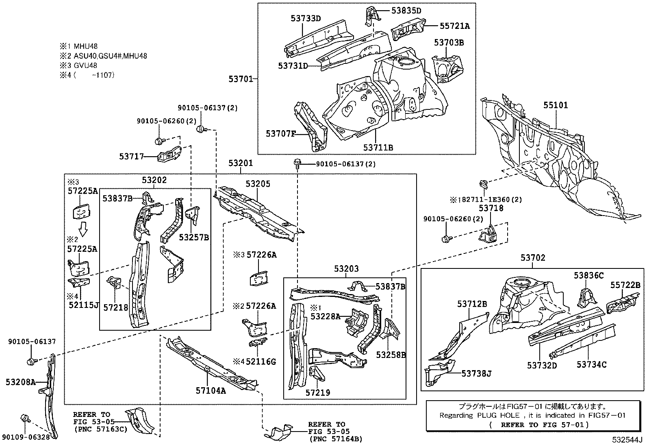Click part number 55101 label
point(556,105)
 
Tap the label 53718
point(491,208)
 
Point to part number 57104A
point(211,390)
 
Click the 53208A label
point(21,382)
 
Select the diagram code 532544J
point(627,440)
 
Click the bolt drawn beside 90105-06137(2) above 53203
point(297,164)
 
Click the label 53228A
point(325,316)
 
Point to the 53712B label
point(472,303)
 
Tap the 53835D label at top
point(406,11)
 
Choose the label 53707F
point(280,133)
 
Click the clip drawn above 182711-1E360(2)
point(483,184)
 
